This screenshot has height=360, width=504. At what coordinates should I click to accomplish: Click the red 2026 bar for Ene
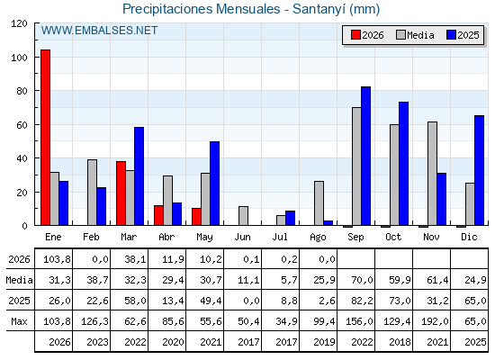point(45,138)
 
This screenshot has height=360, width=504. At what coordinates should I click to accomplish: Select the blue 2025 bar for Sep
point(365,156)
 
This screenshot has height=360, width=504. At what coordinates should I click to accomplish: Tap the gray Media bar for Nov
point(432,174)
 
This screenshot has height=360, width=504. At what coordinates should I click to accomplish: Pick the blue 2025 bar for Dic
point(479,170)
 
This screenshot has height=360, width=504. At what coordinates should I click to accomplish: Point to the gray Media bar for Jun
point(243,216)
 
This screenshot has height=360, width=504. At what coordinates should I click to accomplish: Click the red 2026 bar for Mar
point(121,193)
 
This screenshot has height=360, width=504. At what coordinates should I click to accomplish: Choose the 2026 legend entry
point(367,35)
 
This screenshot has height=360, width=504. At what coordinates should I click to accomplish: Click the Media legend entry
point(415,35)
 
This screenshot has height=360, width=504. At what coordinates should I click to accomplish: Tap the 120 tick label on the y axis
point(19,23)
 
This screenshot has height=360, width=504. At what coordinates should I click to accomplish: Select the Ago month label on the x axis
point(318,238)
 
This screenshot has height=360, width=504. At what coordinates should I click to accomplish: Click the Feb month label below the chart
point(91,238)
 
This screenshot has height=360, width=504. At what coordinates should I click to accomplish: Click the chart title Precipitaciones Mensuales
point(202,9)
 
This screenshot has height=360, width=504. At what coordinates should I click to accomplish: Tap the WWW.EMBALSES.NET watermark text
point(99,31)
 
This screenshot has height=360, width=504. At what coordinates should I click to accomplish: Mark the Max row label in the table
point(19,321)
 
